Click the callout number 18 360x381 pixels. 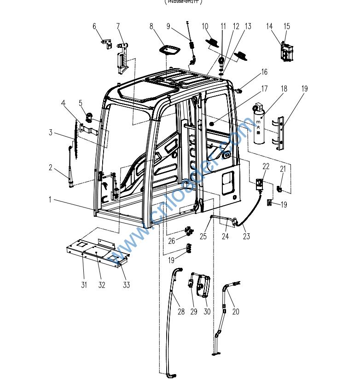pyautogui.click(x=284, y=88)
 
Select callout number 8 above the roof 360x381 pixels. pyautogui.click(x=151, y=26)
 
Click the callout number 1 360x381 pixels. pyautogui.click(x=50, y=200)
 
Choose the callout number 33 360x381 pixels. pyautogui.click(x=126, y=285)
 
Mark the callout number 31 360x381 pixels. pyautogui.click(x=84, y=285)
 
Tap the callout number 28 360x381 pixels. pyautogui.click(x=181, y=312)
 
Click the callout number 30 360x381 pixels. pyautogui.click(x=207, y=312)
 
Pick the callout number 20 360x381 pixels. pyautogui.click(x=236, y=312)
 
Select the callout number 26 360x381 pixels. pyautogui.click(x=171, y=241)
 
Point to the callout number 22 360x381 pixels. pyautogui.click(x=266, y=166)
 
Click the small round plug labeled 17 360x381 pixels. pyautogui.click(x=211, y=124)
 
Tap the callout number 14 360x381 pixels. pyautogui.click(x=269, y=26)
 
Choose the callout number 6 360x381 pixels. pyautogui.click(x=95, y=26)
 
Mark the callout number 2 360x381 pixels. pyautogui.click(x=51, y=167)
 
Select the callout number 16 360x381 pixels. pyautogui.click(x=264, y=72)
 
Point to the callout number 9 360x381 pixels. pyautogui.click(x=168, y=26)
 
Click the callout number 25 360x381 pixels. pyautogui.click(x=203, y=237)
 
